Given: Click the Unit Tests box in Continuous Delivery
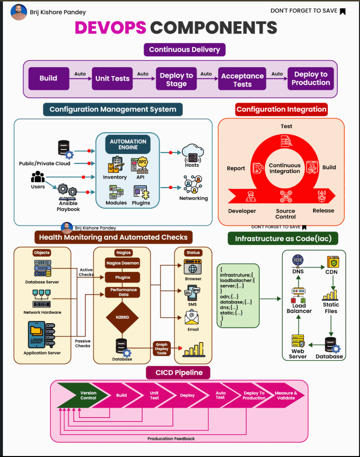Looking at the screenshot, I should tap(112, 78).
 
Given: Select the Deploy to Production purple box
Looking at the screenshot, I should tap(311, 78).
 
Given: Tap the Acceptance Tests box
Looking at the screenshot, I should tap(242, 79).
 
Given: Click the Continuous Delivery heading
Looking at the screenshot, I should tap(184, 49).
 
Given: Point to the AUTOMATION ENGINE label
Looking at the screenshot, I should tap(128, 145).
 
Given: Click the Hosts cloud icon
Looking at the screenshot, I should tap(192, 152).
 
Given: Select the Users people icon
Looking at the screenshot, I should tap(38, 177).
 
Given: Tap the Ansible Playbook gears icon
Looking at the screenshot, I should tap(68, 190).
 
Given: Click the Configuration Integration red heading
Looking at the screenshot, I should tap(281, 109).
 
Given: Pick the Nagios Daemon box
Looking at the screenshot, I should tap(122, 263).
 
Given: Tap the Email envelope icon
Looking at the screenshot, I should tap(193, 318).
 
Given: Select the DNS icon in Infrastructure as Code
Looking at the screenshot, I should tap(298, 260).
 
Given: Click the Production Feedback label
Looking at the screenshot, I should tap(171, 438).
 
